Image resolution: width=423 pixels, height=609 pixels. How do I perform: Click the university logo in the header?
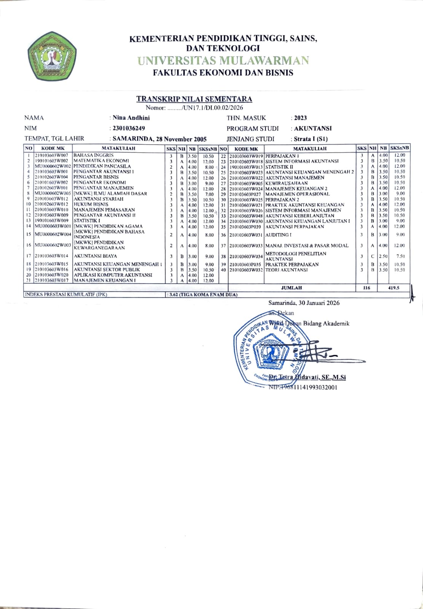point(52,56)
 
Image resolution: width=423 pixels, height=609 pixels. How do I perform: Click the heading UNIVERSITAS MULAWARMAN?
point(223,61)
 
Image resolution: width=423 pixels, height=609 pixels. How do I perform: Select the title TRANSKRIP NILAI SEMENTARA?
point(194,99)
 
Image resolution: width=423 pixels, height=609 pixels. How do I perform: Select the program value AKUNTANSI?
point(313,129)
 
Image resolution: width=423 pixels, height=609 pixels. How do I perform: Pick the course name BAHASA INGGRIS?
point(94,155)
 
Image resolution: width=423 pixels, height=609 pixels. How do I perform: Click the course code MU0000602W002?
point(53,166)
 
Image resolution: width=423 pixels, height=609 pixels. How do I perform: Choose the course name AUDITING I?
point(278,234)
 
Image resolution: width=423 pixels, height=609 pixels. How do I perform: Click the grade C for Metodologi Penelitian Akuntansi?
point(373,256)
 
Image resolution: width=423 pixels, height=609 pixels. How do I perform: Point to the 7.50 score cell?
point(400,256)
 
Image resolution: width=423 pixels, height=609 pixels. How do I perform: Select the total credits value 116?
point(366,288)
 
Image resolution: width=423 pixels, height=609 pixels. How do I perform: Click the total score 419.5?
point(393,288)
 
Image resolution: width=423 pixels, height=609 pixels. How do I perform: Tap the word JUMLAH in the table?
point(291,288)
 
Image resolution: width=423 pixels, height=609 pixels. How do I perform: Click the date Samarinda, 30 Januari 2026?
point(303,303)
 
